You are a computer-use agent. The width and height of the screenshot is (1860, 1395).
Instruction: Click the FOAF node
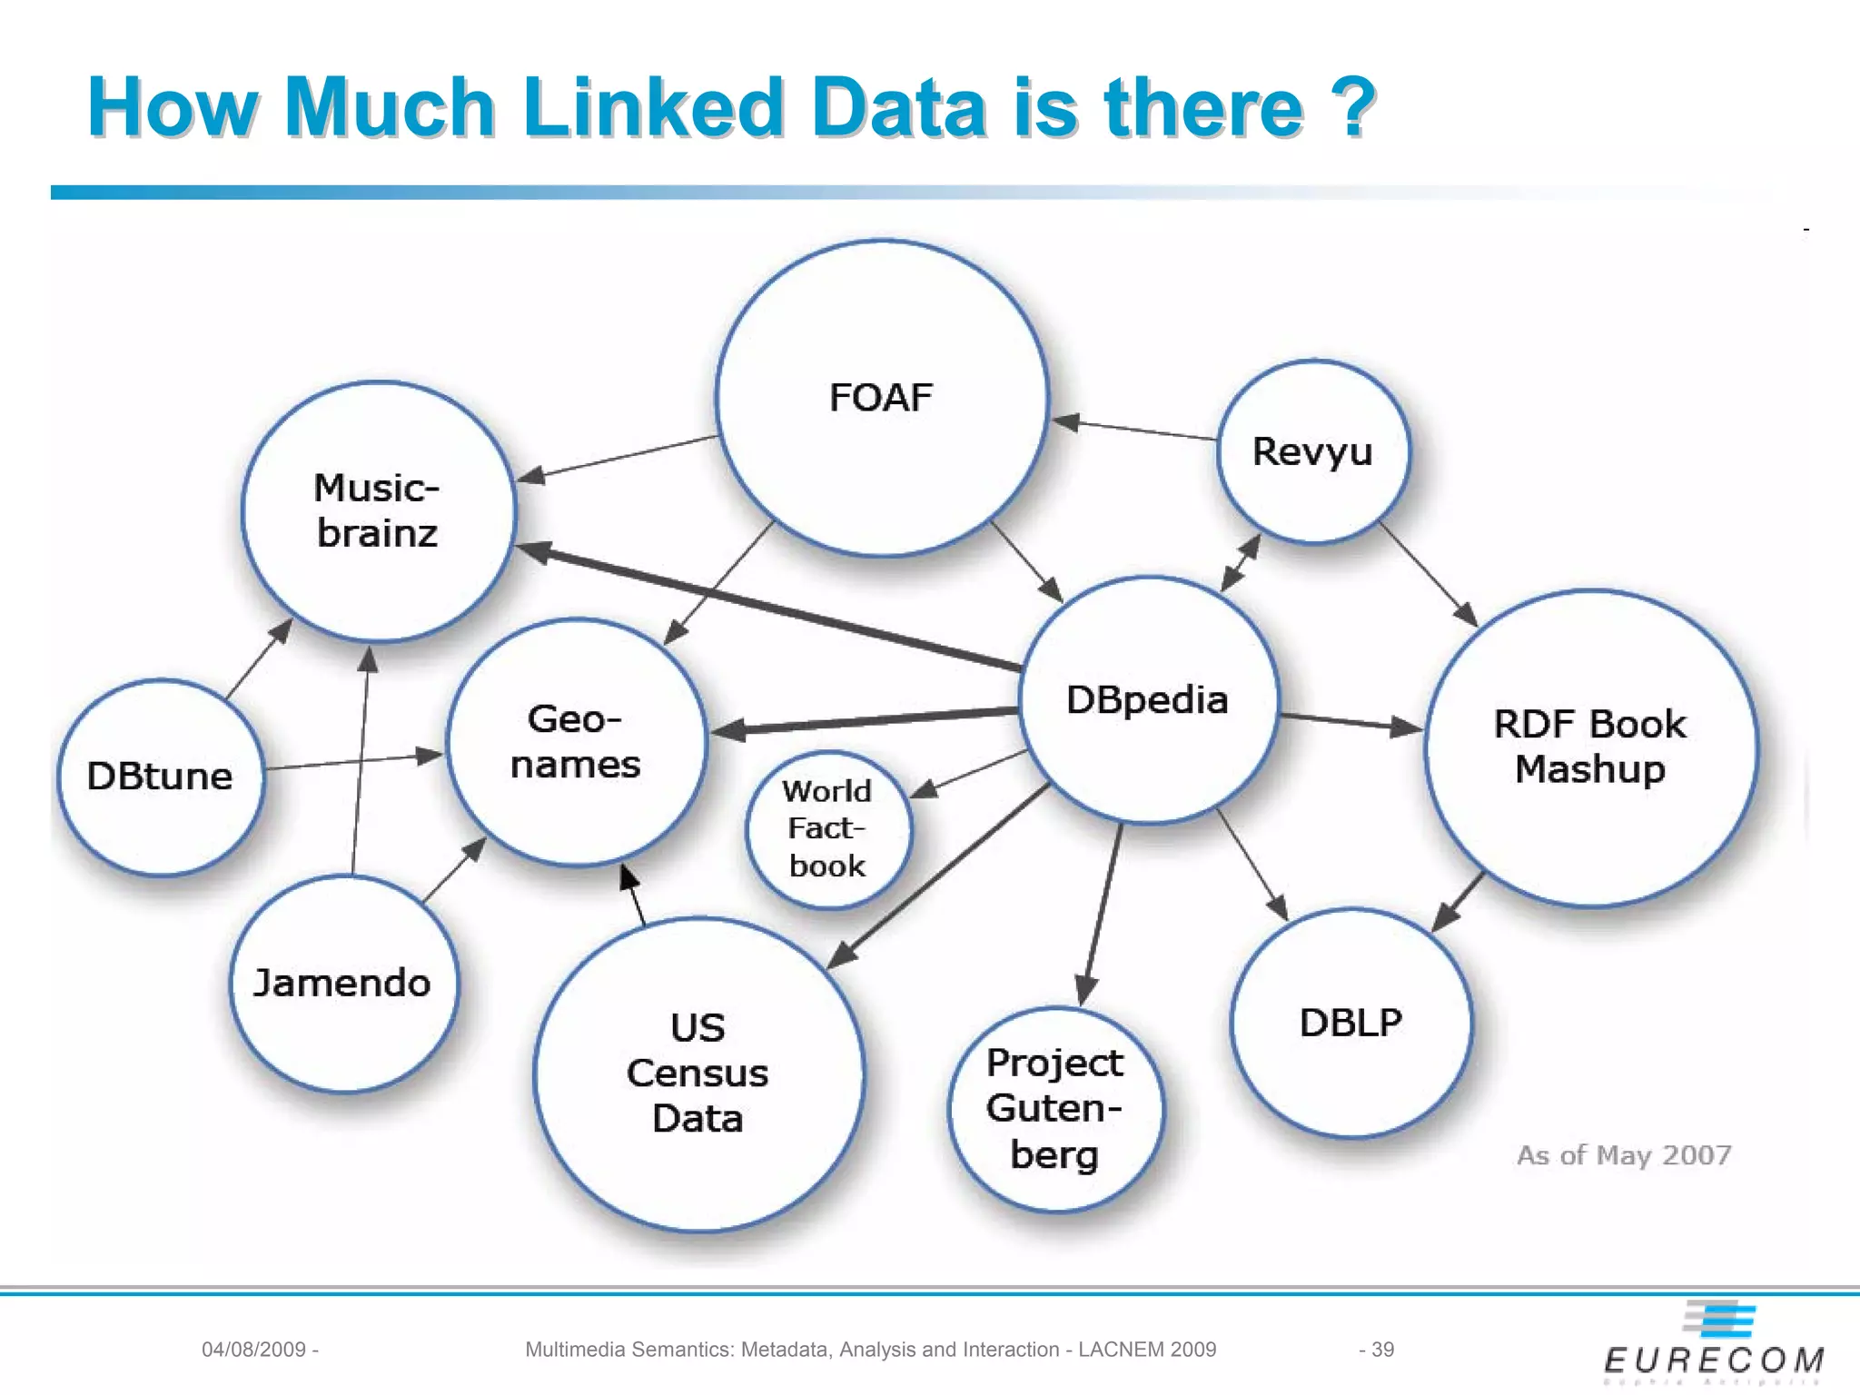[881, 398]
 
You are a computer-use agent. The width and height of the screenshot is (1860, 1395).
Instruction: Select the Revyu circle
[1312, 451]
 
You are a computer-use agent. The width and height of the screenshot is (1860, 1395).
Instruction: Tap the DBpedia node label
[1147, 700]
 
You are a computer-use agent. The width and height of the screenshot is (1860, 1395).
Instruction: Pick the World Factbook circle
[827, 829]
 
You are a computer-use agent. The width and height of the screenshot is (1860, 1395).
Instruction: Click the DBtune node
[160, 777]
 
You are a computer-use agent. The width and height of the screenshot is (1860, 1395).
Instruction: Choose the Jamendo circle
[342, 983]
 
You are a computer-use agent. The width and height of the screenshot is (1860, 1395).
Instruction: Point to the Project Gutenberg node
[1054, 1109]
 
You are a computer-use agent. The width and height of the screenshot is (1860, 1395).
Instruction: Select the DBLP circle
[1350, 1023]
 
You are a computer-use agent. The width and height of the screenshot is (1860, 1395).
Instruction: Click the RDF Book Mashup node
[1590, 747]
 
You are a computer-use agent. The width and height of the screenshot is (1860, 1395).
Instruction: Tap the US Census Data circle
[697, 1073]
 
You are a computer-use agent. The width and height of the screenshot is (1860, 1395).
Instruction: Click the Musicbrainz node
[378, 510]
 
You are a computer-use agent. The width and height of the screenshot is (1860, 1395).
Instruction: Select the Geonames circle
[576, 742]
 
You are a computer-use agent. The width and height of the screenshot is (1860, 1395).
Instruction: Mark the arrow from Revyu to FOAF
[1135, 430]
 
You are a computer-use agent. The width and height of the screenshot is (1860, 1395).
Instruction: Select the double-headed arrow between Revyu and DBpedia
[1241, 563]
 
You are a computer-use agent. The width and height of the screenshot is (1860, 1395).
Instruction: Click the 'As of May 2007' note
[1624, 1155]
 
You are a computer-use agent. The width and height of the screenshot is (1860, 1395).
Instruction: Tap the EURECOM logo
[1714, 1344]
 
